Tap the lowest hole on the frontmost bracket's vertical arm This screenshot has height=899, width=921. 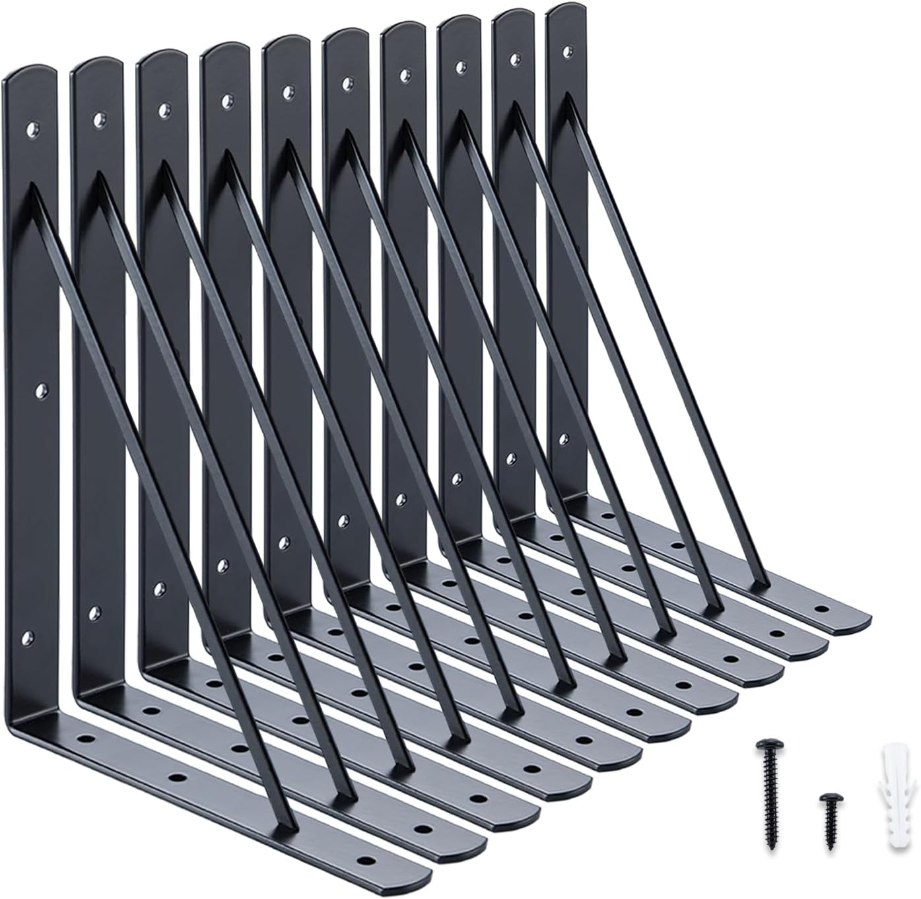pyautogui.click(x=28, y=637)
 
